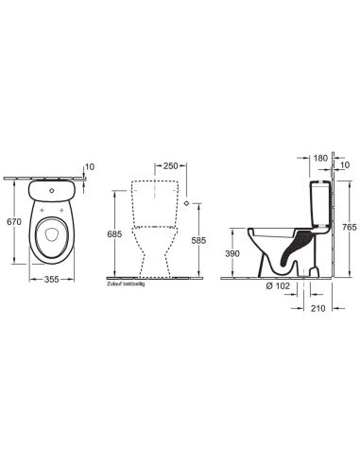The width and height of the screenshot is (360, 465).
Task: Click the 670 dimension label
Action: coord(14,222)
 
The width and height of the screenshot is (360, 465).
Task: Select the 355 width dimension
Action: coord(52,279)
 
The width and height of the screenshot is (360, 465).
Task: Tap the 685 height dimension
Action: coord(114,234)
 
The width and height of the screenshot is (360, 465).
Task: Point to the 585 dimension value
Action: coord(198,240)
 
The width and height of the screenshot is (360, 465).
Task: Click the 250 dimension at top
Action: coord(170,165)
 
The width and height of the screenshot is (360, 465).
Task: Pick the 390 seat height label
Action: coord(232,253)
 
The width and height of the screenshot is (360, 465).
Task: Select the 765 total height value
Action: coord(350,227)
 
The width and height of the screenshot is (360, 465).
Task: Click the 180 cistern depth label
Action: coord(320,158)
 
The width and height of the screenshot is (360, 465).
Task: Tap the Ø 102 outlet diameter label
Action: coord(278,285)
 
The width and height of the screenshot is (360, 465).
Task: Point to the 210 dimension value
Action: coord(317,308)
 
